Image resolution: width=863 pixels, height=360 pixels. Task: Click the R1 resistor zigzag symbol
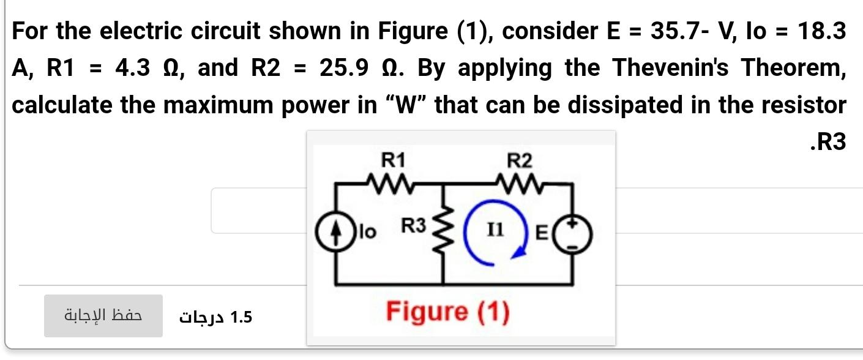pyautogui.click(x=392, y=182)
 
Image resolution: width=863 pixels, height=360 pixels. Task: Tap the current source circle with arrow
pyautogui.click(x=335, y=233)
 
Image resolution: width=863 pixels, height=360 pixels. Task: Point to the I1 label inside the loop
pyautogui.click(x=495, y=230)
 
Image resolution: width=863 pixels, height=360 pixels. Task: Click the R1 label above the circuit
pyautogui.click(x=393, y=160)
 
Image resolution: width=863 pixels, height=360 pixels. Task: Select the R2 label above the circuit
pyautogui.click(x=520, y=161)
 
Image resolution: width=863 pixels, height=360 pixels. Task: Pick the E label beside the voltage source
pyautogui.click(x=542, y=233)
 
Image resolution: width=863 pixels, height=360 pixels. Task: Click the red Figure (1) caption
pyautogui.click(x=447, y=312)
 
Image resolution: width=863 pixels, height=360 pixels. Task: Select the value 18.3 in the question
pyautogui.click(x=822, y=31)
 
